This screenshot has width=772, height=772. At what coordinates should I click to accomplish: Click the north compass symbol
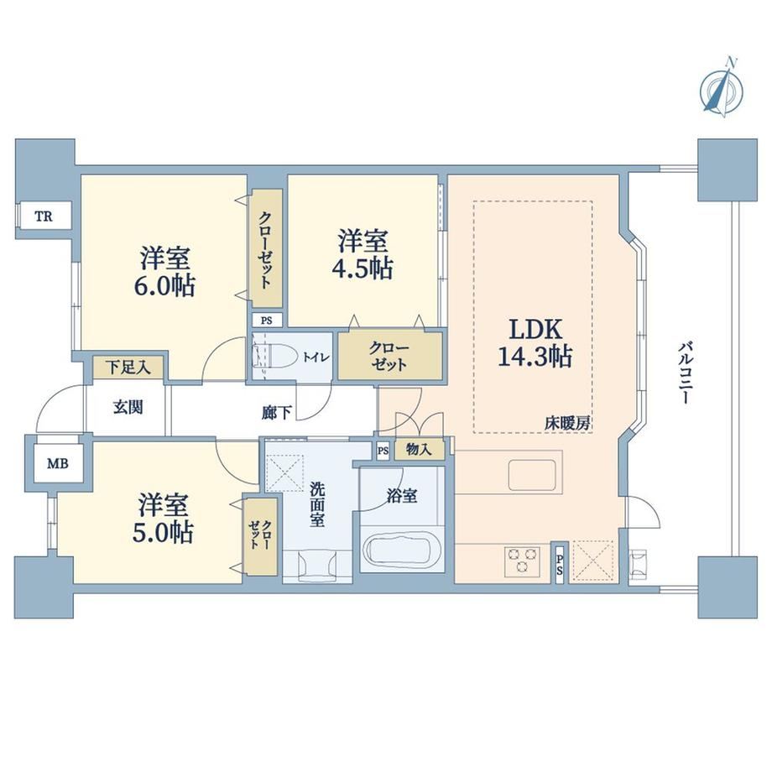coord(722,90)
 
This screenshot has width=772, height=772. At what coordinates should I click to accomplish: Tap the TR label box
coord(44,216)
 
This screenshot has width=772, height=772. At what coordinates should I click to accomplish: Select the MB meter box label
coord(58,463)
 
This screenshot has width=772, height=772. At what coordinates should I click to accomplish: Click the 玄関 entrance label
coord(128,408)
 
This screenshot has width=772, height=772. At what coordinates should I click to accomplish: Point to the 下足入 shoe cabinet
coord(128,368)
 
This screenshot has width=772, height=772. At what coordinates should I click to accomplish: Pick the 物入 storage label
coord(419,449)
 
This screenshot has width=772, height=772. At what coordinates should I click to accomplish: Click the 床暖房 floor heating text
coord(567,424)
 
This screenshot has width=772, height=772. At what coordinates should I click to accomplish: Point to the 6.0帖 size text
coord(164,285)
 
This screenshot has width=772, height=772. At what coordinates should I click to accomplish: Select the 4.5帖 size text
coord(364,269)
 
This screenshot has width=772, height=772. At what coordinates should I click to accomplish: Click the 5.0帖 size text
coord(163,532)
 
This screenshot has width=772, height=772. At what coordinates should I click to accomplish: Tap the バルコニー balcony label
coord(685,374)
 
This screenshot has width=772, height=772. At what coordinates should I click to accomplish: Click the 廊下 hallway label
coord(276,413)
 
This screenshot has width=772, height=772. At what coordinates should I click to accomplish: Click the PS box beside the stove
coord(560,563)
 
